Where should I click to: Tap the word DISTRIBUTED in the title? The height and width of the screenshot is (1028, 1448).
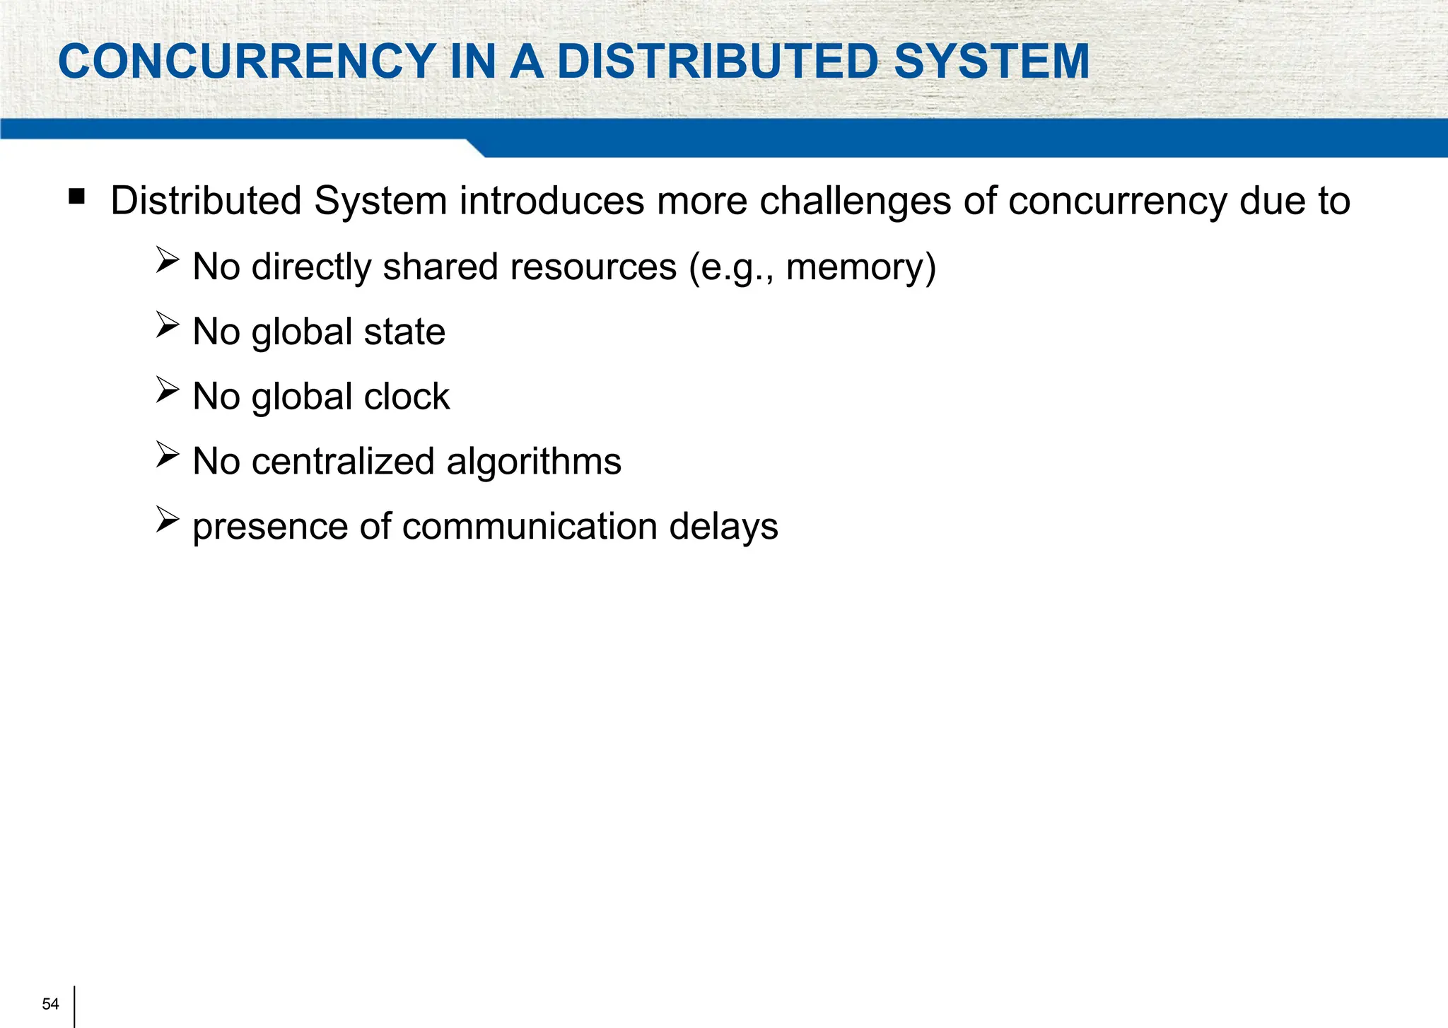coord(718,62)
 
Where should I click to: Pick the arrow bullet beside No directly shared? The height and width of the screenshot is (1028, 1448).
coord(168,260)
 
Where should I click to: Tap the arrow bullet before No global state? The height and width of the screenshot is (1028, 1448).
coord(168,325)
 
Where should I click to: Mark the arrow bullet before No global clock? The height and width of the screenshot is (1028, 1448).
coord(168,390)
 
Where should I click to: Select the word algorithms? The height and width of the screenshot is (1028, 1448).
coord(534,462)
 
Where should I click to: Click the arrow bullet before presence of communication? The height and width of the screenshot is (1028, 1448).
coord(168,520)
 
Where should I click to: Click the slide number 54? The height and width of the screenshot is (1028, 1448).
coord(50,1004)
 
